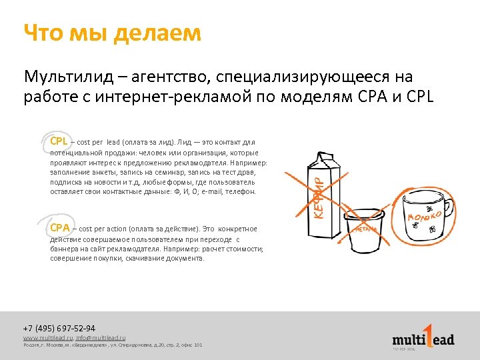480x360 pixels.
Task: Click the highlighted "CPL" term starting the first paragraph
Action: (x=59, y=141)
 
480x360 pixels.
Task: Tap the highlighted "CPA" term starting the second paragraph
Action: (x=59, y=228)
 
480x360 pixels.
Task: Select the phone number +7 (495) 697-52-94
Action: (x=59, y=329)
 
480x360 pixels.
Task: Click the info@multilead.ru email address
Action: (x=100, y=338)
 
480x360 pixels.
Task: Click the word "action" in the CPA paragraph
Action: (x=115, y=229)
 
